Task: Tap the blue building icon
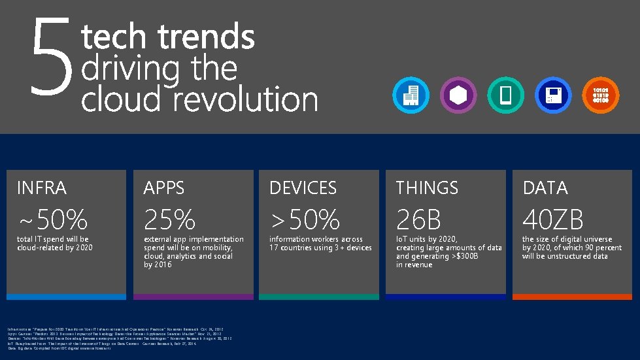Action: pos(411,95)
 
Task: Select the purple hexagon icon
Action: pos(458,95)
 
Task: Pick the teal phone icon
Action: pos(505,95)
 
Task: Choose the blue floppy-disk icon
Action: pos(553,95)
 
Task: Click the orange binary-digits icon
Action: pos(600,95)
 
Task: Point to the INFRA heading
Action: pos(42,188)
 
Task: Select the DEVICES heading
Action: pos(303,188)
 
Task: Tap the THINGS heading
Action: pos(427,188)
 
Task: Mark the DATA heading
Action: pos(545,188)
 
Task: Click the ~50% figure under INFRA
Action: pos(52,220)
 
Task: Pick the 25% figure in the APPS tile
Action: pos(170,220)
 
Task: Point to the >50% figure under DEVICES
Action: pos(305,220)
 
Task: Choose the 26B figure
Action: pos(418,220)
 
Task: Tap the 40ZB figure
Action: pos(553,220)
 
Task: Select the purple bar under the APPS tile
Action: pos(193,297)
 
